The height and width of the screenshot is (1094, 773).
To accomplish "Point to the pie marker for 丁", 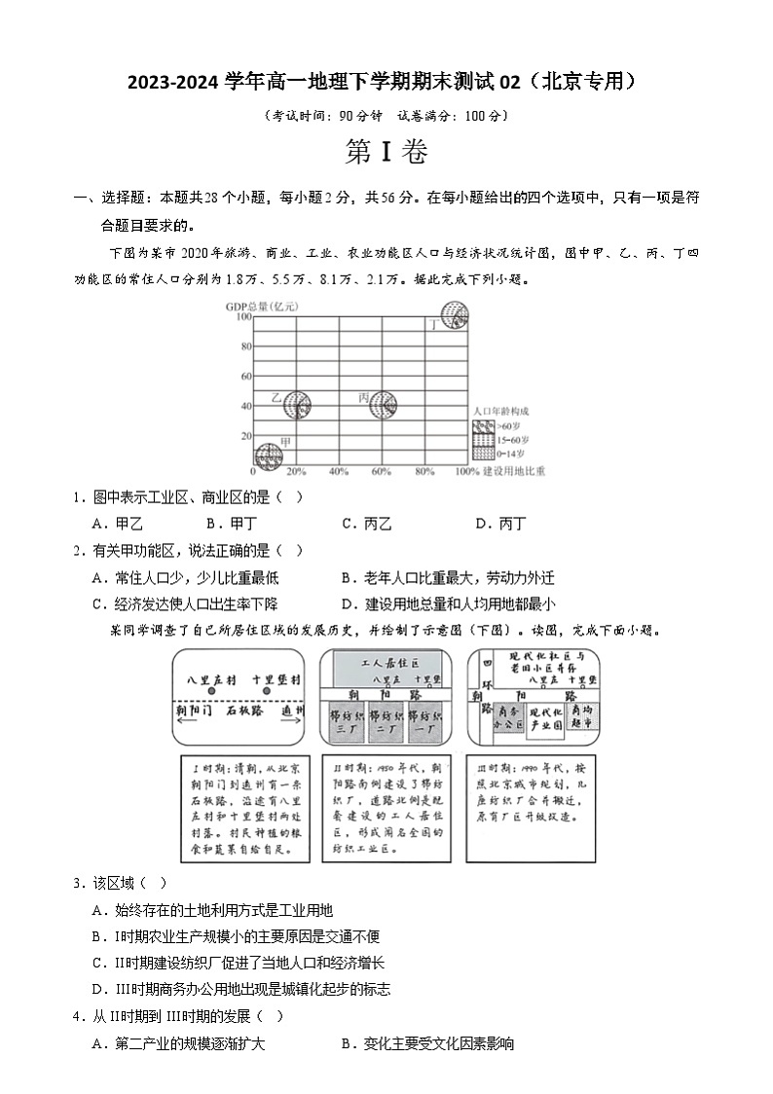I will (x=454, y=315).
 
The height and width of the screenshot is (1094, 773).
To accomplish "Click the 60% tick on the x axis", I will (x=382, y=472).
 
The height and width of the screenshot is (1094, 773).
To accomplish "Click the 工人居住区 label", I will (x=383, y=663).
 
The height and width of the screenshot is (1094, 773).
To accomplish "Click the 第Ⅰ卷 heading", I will (x=386, y=153).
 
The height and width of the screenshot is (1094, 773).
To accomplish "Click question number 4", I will (x=77, y=1016).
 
